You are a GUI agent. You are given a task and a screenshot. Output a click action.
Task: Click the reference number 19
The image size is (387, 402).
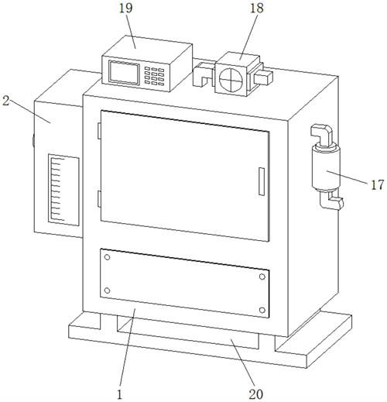click(x=126, y=9)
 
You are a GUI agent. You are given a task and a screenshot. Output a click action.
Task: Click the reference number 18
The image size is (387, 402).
click(x=257, y=9)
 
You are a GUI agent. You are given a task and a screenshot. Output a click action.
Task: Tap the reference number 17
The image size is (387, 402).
click(x=378, y=185)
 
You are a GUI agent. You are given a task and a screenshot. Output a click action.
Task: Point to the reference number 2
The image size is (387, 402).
click(x=5, y=101)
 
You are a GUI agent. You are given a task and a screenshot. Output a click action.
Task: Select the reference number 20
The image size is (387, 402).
click(x=256, y=394)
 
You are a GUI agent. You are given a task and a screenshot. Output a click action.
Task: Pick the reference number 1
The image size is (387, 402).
click(x=119, y=394)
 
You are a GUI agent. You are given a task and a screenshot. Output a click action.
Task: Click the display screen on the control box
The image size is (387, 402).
click(x=124, y=73)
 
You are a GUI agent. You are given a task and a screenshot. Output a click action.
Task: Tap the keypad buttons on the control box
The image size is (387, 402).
click(x=154, y=76)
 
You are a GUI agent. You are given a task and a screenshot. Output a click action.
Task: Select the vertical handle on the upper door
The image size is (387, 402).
click(x=262, y=181)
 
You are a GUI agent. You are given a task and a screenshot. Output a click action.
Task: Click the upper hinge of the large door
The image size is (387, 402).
click(x=99, y=131)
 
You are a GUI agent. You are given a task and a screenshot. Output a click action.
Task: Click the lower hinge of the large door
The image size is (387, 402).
click(x=99, y=199)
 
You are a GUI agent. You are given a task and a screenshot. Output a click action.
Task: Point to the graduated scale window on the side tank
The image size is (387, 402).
click(x=63, y=190)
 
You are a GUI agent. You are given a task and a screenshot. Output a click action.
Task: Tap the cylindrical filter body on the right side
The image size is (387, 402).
click(x=326, y=168)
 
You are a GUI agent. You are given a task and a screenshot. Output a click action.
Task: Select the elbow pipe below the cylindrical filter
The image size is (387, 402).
click(x=331, y=200)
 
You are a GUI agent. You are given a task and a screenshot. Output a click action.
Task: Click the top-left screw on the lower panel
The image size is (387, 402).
click(x=107, y=257)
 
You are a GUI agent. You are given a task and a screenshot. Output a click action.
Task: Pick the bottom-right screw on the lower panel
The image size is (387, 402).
click(x=262, y=310)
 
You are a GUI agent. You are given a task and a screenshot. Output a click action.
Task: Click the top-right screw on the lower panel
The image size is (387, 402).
click(x=262, y=277)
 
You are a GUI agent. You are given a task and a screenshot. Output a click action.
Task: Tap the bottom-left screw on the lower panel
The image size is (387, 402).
click(x=107, y=290)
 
